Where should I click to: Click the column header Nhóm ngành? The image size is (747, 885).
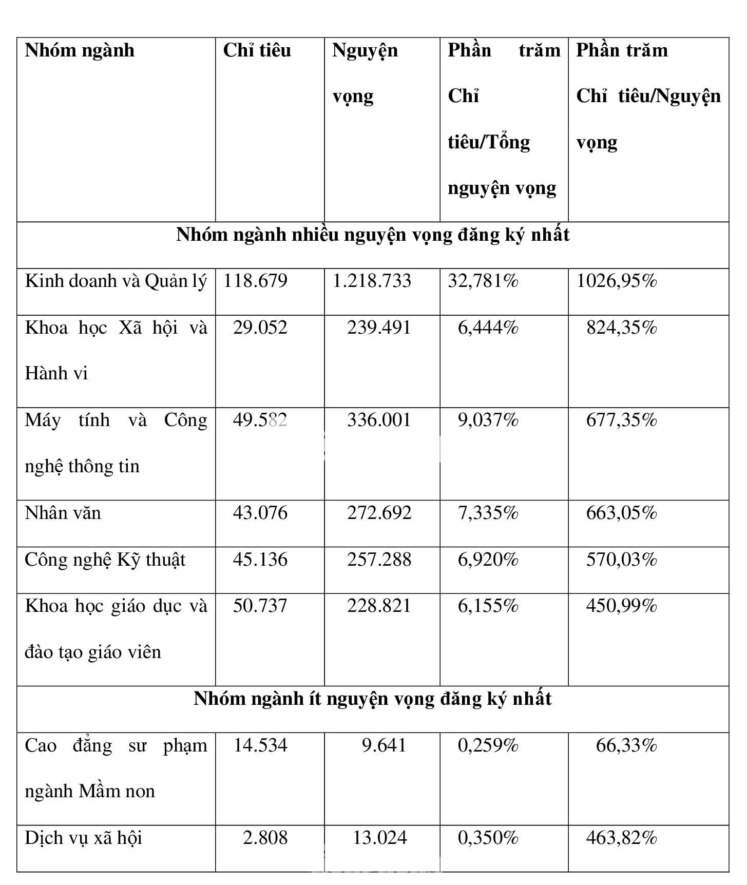click(x=80, y=50)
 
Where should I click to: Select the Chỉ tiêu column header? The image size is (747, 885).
click(x=257, y=50)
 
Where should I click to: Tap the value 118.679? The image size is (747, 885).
click(x=255, y=281)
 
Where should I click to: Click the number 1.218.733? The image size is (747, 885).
click(x=372, y=281)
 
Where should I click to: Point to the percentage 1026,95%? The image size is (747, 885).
click(x=616, y=281)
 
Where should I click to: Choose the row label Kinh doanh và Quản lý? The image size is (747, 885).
click(x=116, y=281)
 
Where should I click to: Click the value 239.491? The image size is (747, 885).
click(x=379, y=328)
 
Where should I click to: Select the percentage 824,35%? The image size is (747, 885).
click(x=621, y=328)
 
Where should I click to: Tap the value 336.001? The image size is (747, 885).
click(x=379, y=420)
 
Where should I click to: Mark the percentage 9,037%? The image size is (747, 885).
click(x=488, y=420)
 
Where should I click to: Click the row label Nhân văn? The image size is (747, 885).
click(x=63, y=513)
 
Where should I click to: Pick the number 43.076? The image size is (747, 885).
click(x=260, y=513)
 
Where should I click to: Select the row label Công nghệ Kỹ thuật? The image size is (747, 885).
click(x=105, y=560)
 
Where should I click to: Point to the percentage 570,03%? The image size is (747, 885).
click(x=621, y=560)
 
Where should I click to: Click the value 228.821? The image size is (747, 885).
click(x=379, y=606)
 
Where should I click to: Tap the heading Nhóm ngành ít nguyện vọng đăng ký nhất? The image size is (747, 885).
click(x=373, y=699)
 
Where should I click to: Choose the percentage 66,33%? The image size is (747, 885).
click(x=626, y=745)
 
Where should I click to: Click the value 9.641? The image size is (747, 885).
click(x=384, y=745)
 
